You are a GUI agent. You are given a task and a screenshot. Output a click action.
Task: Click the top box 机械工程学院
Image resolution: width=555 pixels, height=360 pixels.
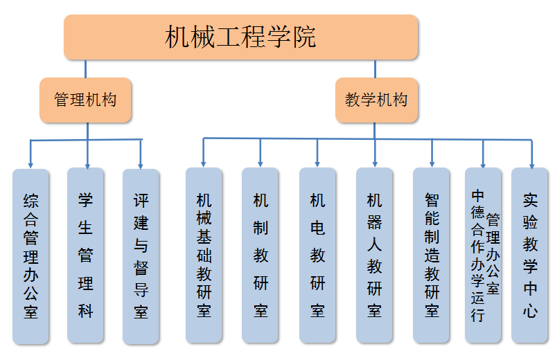coord(241,37)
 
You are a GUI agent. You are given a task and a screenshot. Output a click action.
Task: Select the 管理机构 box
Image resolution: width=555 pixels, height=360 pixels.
coord(85,100)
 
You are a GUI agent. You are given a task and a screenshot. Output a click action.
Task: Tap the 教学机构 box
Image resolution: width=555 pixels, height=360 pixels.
coord(376,100)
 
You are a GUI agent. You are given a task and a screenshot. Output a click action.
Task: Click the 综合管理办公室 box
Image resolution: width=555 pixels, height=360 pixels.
coord(31,256)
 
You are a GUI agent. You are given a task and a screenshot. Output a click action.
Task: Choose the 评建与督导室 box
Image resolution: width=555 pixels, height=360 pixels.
coord(141,256)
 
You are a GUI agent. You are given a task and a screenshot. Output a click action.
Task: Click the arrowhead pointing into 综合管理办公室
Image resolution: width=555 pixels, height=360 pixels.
coord(31,164)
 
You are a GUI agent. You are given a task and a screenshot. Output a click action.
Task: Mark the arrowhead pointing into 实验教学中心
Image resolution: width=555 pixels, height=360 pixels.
coord(531,164)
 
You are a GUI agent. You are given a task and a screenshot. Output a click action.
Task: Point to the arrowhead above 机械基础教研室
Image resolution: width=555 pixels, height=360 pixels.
coord(204,163)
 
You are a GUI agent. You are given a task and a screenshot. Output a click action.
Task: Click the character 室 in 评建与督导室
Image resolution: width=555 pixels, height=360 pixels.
coord(141,312)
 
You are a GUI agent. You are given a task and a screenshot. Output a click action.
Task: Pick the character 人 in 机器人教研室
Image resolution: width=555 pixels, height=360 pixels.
coord(374,244)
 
